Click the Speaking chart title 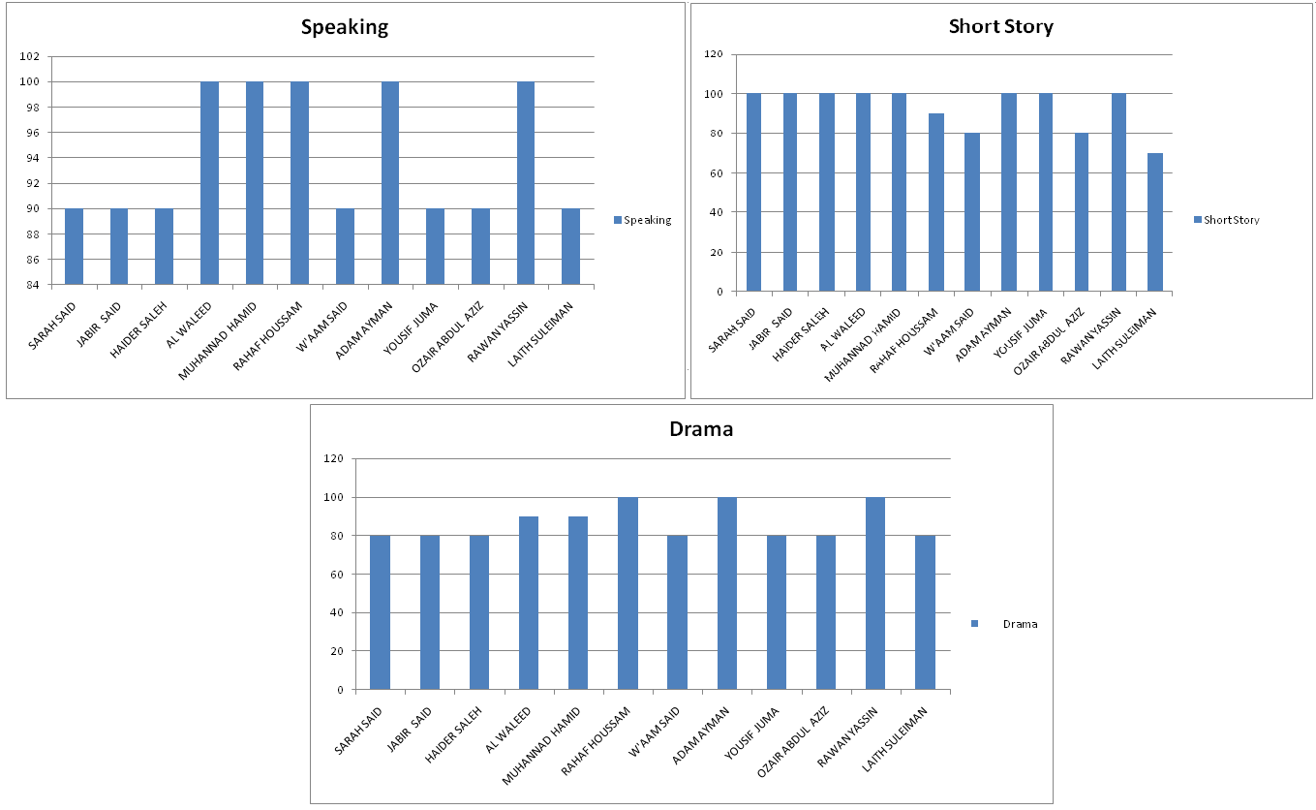tap(344, 27)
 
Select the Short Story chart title tap(1000, 26)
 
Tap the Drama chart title tap(701, 429)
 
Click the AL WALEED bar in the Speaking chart tap(209, 183)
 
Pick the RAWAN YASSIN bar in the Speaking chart tap(525, 183)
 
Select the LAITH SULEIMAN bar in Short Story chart tap(1154, 222)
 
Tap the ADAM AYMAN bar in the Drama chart tap(726, 593)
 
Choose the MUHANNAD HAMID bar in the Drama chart tap(578, 603)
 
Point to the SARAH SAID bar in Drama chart tap(380, 612)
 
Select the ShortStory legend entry tap(1231, 220)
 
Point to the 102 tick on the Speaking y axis tap(29, 56)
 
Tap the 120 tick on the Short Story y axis tap(714, 54)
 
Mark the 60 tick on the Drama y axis tap(334, 575)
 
